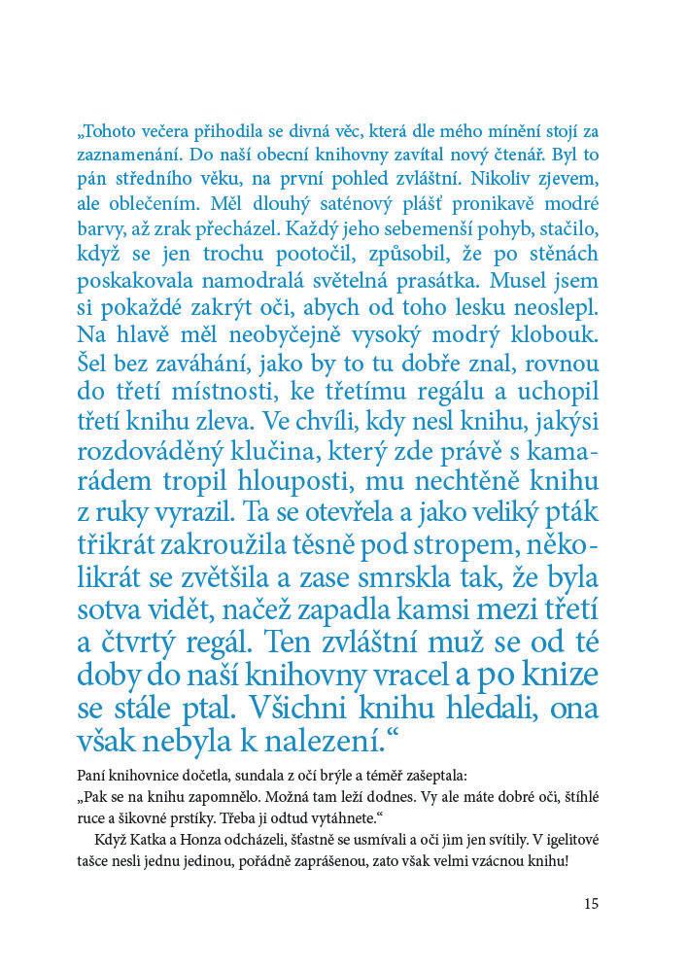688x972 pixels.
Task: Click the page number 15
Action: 592,903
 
